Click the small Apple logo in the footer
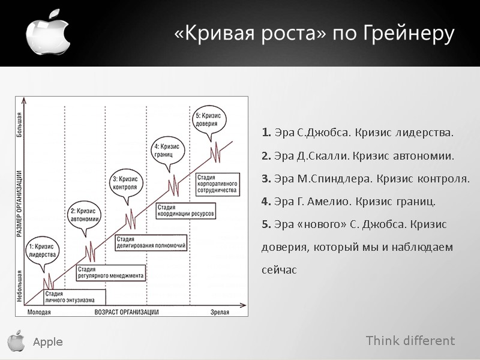[x=16, y=341]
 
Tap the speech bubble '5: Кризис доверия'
[x=208, y=119]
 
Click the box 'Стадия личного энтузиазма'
[x=74, y=296]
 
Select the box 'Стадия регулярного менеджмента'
[x=110, y=273]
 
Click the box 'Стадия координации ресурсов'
[x=185, y=210]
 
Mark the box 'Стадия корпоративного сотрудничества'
[x=217, y=184]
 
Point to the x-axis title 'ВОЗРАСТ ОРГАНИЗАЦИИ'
[x=127, y=311]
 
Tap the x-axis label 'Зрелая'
[x=222, y=311]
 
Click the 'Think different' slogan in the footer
[x=410, y=341]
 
